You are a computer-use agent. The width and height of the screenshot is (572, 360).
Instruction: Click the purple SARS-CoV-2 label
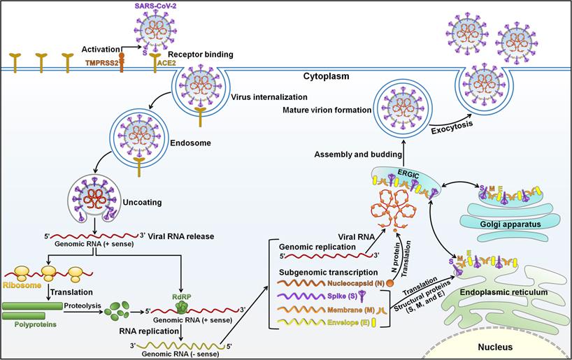tap(167, 5)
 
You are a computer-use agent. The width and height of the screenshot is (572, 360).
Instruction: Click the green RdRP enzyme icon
tap(182, 306)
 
